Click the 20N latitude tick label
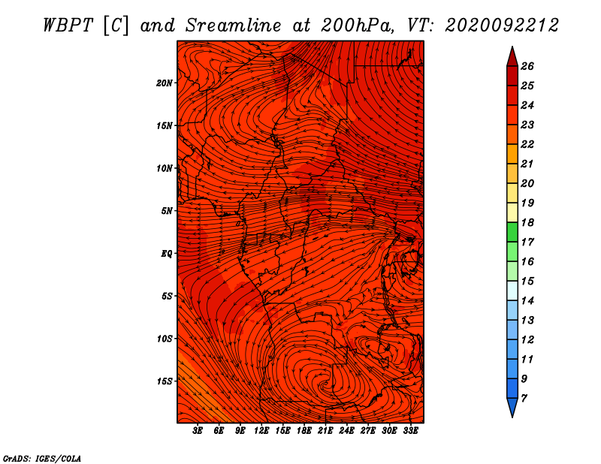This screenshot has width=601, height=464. (165, 83)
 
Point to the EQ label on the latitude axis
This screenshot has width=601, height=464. (167, 254)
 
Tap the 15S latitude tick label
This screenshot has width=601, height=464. (165, 381)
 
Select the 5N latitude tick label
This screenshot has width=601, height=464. (167, 211)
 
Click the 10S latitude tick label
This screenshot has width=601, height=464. (165, 339)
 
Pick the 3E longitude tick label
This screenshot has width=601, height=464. (198, 431)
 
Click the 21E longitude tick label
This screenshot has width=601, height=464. (325, 431)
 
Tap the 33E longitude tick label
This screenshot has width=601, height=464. (410, 431)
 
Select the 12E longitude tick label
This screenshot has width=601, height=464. (261, 431)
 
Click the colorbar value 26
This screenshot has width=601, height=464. (527, 66)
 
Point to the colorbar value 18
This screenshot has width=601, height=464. (527, 222)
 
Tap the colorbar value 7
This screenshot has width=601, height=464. (524, 399)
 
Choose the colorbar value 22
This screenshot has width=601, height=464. (527, 144)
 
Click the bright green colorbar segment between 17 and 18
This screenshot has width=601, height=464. (512, 232)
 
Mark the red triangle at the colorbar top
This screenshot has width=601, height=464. (512, 57)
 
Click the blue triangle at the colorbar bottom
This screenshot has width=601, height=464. (512, 408)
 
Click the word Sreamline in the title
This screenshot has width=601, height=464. (233, 26)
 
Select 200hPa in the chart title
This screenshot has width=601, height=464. (357, 26)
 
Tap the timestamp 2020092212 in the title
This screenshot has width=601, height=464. (501, 26)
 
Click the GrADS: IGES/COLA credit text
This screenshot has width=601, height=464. (42, 459)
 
